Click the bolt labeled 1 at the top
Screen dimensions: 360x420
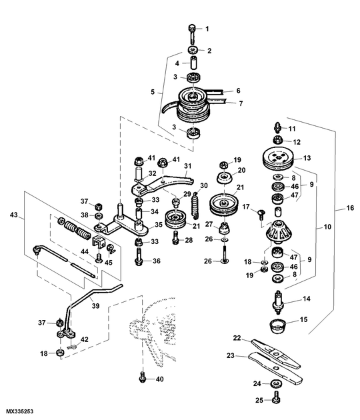point(192,33)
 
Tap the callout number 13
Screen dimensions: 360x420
point(307,158)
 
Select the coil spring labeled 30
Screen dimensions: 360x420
point(197,204)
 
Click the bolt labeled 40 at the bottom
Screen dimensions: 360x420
point(143,377)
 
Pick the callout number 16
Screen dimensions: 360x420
point(350,208)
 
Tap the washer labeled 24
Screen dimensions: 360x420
point(275,383)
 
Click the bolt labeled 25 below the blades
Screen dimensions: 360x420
point(276,397)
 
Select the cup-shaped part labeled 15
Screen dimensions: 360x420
point(277,326)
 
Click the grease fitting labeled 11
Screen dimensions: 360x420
point(277,127)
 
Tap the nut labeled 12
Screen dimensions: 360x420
point(277,140)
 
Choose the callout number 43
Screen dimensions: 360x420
point(13,215)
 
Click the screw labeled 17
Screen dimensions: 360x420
point(261,215)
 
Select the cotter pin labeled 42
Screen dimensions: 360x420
point(72,347)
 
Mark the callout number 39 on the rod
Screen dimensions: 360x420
point(95,305)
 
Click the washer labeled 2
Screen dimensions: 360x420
point(193,50)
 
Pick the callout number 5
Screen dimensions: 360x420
point(153,92)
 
